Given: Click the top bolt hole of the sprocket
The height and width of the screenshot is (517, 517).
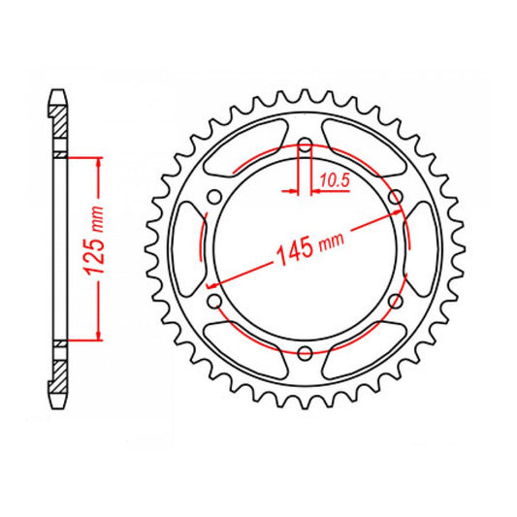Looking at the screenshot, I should click(x=305, y=147).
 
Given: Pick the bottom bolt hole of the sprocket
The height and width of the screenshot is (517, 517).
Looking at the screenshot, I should click(x=305, y=351).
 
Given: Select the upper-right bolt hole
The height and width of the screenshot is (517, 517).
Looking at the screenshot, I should click(x=394, y=198).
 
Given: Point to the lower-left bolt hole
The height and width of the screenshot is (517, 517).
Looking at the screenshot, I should click(x=215, y=302).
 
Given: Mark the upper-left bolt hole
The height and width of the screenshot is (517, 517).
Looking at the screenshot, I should click(x=215, y=199).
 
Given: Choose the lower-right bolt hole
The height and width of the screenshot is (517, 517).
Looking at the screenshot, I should click(x=394, y=302).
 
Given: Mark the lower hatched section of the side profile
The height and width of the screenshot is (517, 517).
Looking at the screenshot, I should click(x=61, y=375).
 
